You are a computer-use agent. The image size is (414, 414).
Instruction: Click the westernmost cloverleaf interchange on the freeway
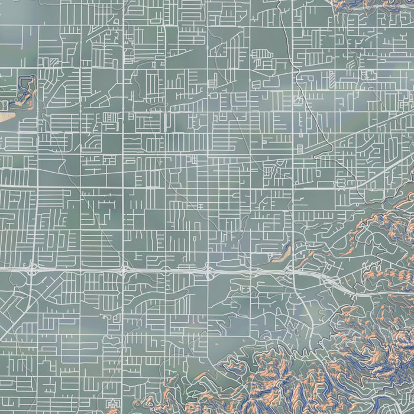click(31, 270)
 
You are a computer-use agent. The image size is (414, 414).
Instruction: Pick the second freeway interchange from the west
click(124, 270)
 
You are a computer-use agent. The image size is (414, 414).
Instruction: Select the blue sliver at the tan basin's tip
click(288, 246)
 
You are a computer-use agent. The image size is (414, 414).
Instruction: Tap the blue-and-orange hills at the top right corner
click(379, 6)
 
